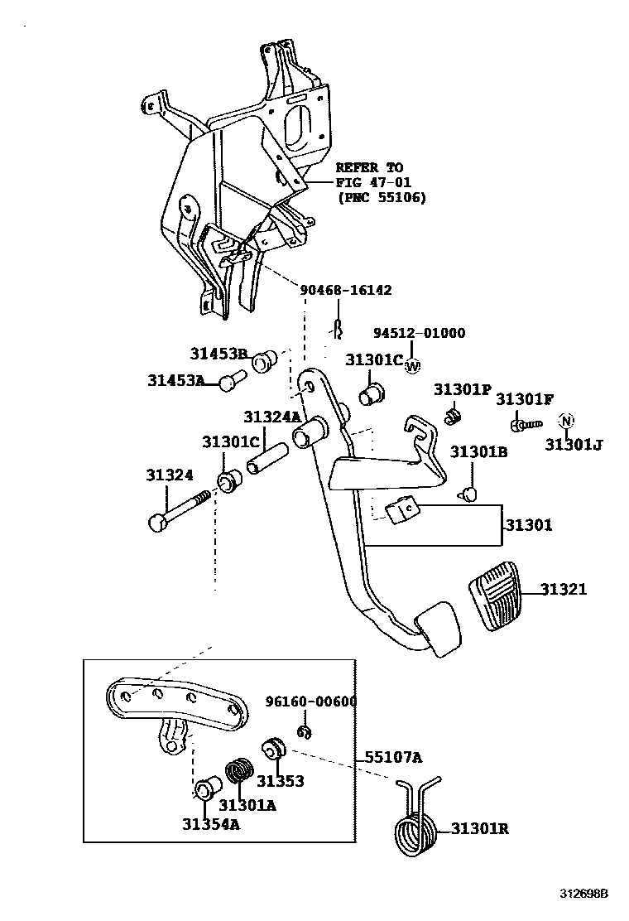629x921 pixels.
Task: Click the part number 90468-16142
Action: click(x=345, y=290)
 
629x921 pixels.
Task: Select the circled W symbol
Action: click(x=414, y=367)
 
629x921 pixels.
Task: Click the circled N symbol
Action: click(x=566, y=421)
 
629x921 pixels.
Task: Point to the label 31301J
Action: click(x=574, y=445)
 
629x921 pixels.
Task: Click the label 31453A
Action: click(x=175, y=380)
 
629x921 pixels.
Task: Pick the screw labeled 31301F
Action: click(x=521, y=425)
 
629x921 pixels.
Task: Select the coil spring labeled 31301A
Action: click(x=239, y=772)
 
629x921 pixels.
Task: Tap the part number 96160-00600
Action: click(x=310, y=702)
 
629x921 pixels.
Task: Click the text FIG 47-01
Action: click(x=373, y=182)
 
